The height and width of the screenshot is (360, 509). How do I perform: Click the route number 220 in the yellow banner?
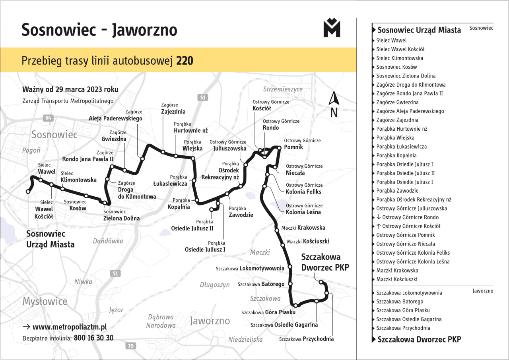(185, 61)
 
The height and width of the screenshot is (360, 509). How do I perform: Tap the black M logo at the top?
(332, 28)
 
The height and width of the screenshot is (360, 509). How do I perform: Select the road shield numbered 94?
(48, 118)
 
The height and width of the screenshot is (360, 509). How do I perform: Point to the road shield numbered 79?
(130, 346)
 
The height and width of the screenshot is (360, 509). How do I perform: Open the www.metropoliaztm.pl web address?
(70, 327)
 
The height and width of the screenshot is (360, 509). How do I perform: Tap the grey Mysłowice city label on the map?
(45, 301)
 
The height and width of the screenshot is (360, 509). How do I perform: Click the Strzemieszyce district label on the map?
(283, 89)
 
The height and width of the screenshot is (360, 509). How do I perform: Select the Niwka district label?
(83, 282)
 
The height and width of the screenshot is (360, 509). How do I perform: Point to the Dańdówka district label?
(108, 241)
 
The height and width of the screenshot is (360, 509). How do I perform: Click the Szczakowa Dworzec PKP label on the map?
(325, 262)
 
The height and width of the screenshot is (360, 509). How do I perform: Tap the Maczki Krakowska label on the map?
(303, 228)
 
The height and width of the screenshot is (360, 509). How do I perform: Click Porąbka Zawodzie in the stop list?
(397, 191)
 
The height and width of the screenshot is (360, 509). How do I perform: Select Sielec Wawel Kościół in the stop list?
(400, 49)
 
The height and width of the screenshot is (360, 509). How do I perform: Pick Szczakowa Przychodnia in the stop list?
(403, 328)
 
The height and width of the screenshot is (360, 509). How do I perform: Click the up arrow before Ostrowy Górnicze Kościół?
(378, 226)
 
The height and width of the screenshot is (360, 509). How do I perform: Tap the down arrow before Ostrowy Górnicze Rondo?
(378, 217)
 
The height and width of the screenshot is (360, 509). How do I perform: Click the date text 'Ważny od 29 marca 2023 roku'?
(70, 89)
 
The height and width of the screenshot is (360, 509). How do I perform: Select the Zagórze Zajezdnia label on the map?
(173, 108)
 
